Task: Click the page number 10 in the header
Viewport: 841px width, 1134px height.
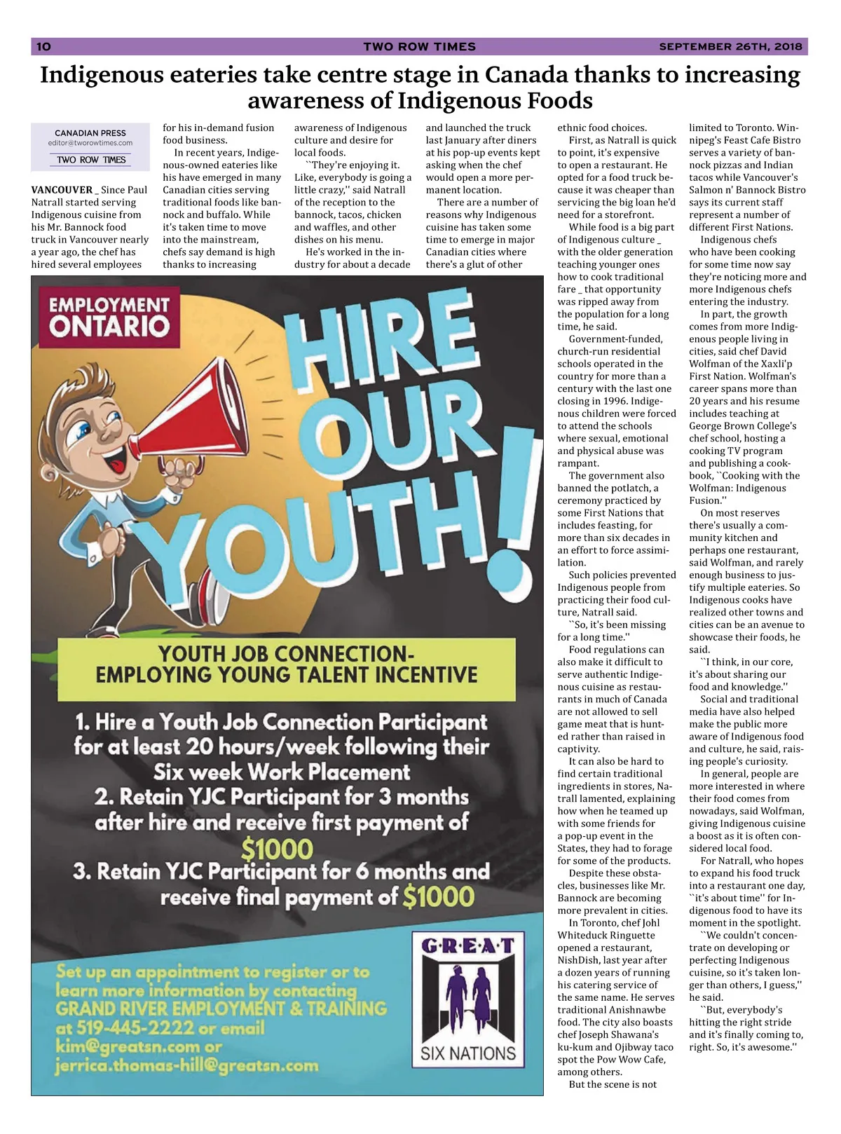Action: [43, 47]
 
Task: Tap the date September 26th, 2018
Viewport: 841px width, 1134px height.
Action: [730, 47]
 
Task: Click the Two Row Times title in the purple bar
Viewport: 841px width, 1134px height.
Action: [419, 47]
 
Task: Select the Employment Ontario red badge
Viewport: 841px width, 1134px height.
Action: [109, 316]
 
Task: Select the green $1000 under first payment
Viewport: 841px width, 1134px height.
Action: [277, 849]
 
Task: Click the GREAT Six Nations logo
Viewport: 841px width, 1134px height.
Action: [468, 996]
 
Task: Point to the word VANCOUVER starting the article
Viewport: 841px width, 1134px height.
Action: [62, 190]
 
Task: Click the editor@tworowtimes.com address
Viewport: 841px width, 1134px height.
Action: [90, 143]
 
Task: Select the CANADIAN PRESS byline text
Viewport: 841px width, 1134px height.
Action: [90, 132]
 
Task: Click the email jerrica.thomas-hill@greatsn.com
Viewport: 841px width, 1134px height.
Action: [186, 1066]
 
